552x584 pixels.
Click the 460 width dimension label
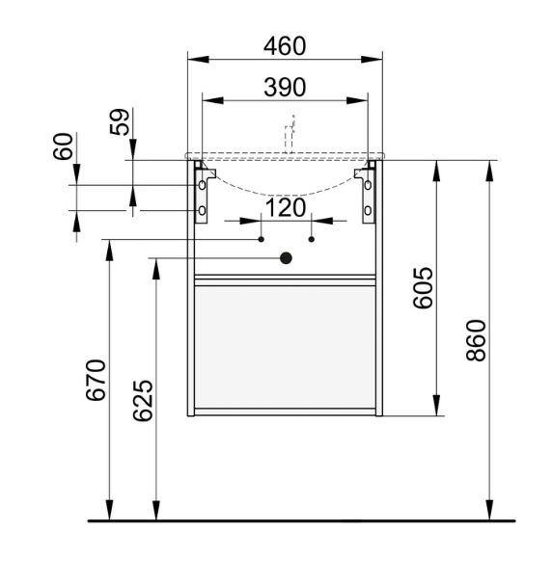pos(285,46)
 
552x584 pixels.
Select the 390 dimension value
pos(285,88)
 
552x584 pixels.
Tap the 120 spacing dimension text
pos(286,207)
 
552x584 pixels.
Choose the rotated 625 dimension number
pos(141,400)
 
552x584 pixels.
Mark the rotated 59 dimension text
pos(121,122)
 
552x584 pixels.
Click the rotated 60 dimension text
pos(64,147)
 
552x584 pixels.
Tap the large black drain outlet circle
pos(286,257)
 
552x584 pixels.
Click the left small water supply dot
pos(261,238)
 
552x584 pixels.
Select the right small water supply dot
pos(312,238)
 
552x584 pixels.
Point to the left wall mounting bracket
pos(203,194)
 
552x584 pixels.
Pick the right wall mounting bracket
pos(367,194)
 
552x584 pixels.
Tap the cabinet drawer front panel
pos(285,347)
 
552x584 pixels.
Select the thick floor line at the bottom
pos(299,520)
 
